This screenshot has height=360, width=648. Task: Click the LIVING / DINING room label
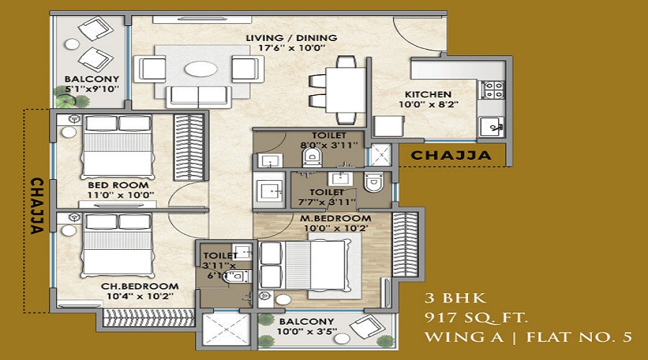pos(292,38)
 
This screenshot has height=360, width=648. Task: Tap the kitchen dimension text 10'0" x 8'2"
pos(428,104)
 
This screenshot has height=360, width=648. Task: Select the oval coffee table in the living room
pos(200,68)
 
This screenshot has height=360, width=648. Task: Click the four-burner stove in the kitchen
pos(493,90)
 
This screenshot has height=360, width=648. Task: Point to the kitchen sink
pos(491,127)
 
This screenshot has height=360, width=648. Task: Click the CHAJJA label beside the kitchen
pos(451,156)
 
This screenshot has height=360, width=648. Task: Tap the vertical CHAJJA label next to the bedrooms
pos(37,206)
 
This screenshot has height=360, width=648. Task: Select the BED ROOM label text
pos(118,185)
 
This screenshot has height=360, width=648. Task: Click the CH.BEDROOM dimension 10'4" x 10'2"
pos(140,296)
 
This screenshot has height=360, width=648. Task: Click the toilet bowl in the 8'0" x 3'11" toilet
pos(312,157)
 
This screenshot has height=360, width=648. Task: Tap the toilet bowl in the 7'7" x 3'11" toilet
pos(374,182)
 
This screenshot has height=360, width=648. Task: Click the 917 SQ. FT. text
pos(476,318)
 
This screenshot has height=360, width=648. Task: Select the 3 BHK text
pos(456,298)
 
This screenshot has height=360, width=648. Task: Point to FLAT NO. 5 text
pos(579,337)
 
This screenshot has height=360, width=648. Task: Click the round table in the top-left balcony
pos(72,45)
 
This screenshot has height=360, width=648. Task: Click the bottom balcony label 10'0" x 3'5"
pos(307,331)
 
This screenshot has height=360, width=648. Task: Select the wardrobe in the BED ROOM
pos(189,147)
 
